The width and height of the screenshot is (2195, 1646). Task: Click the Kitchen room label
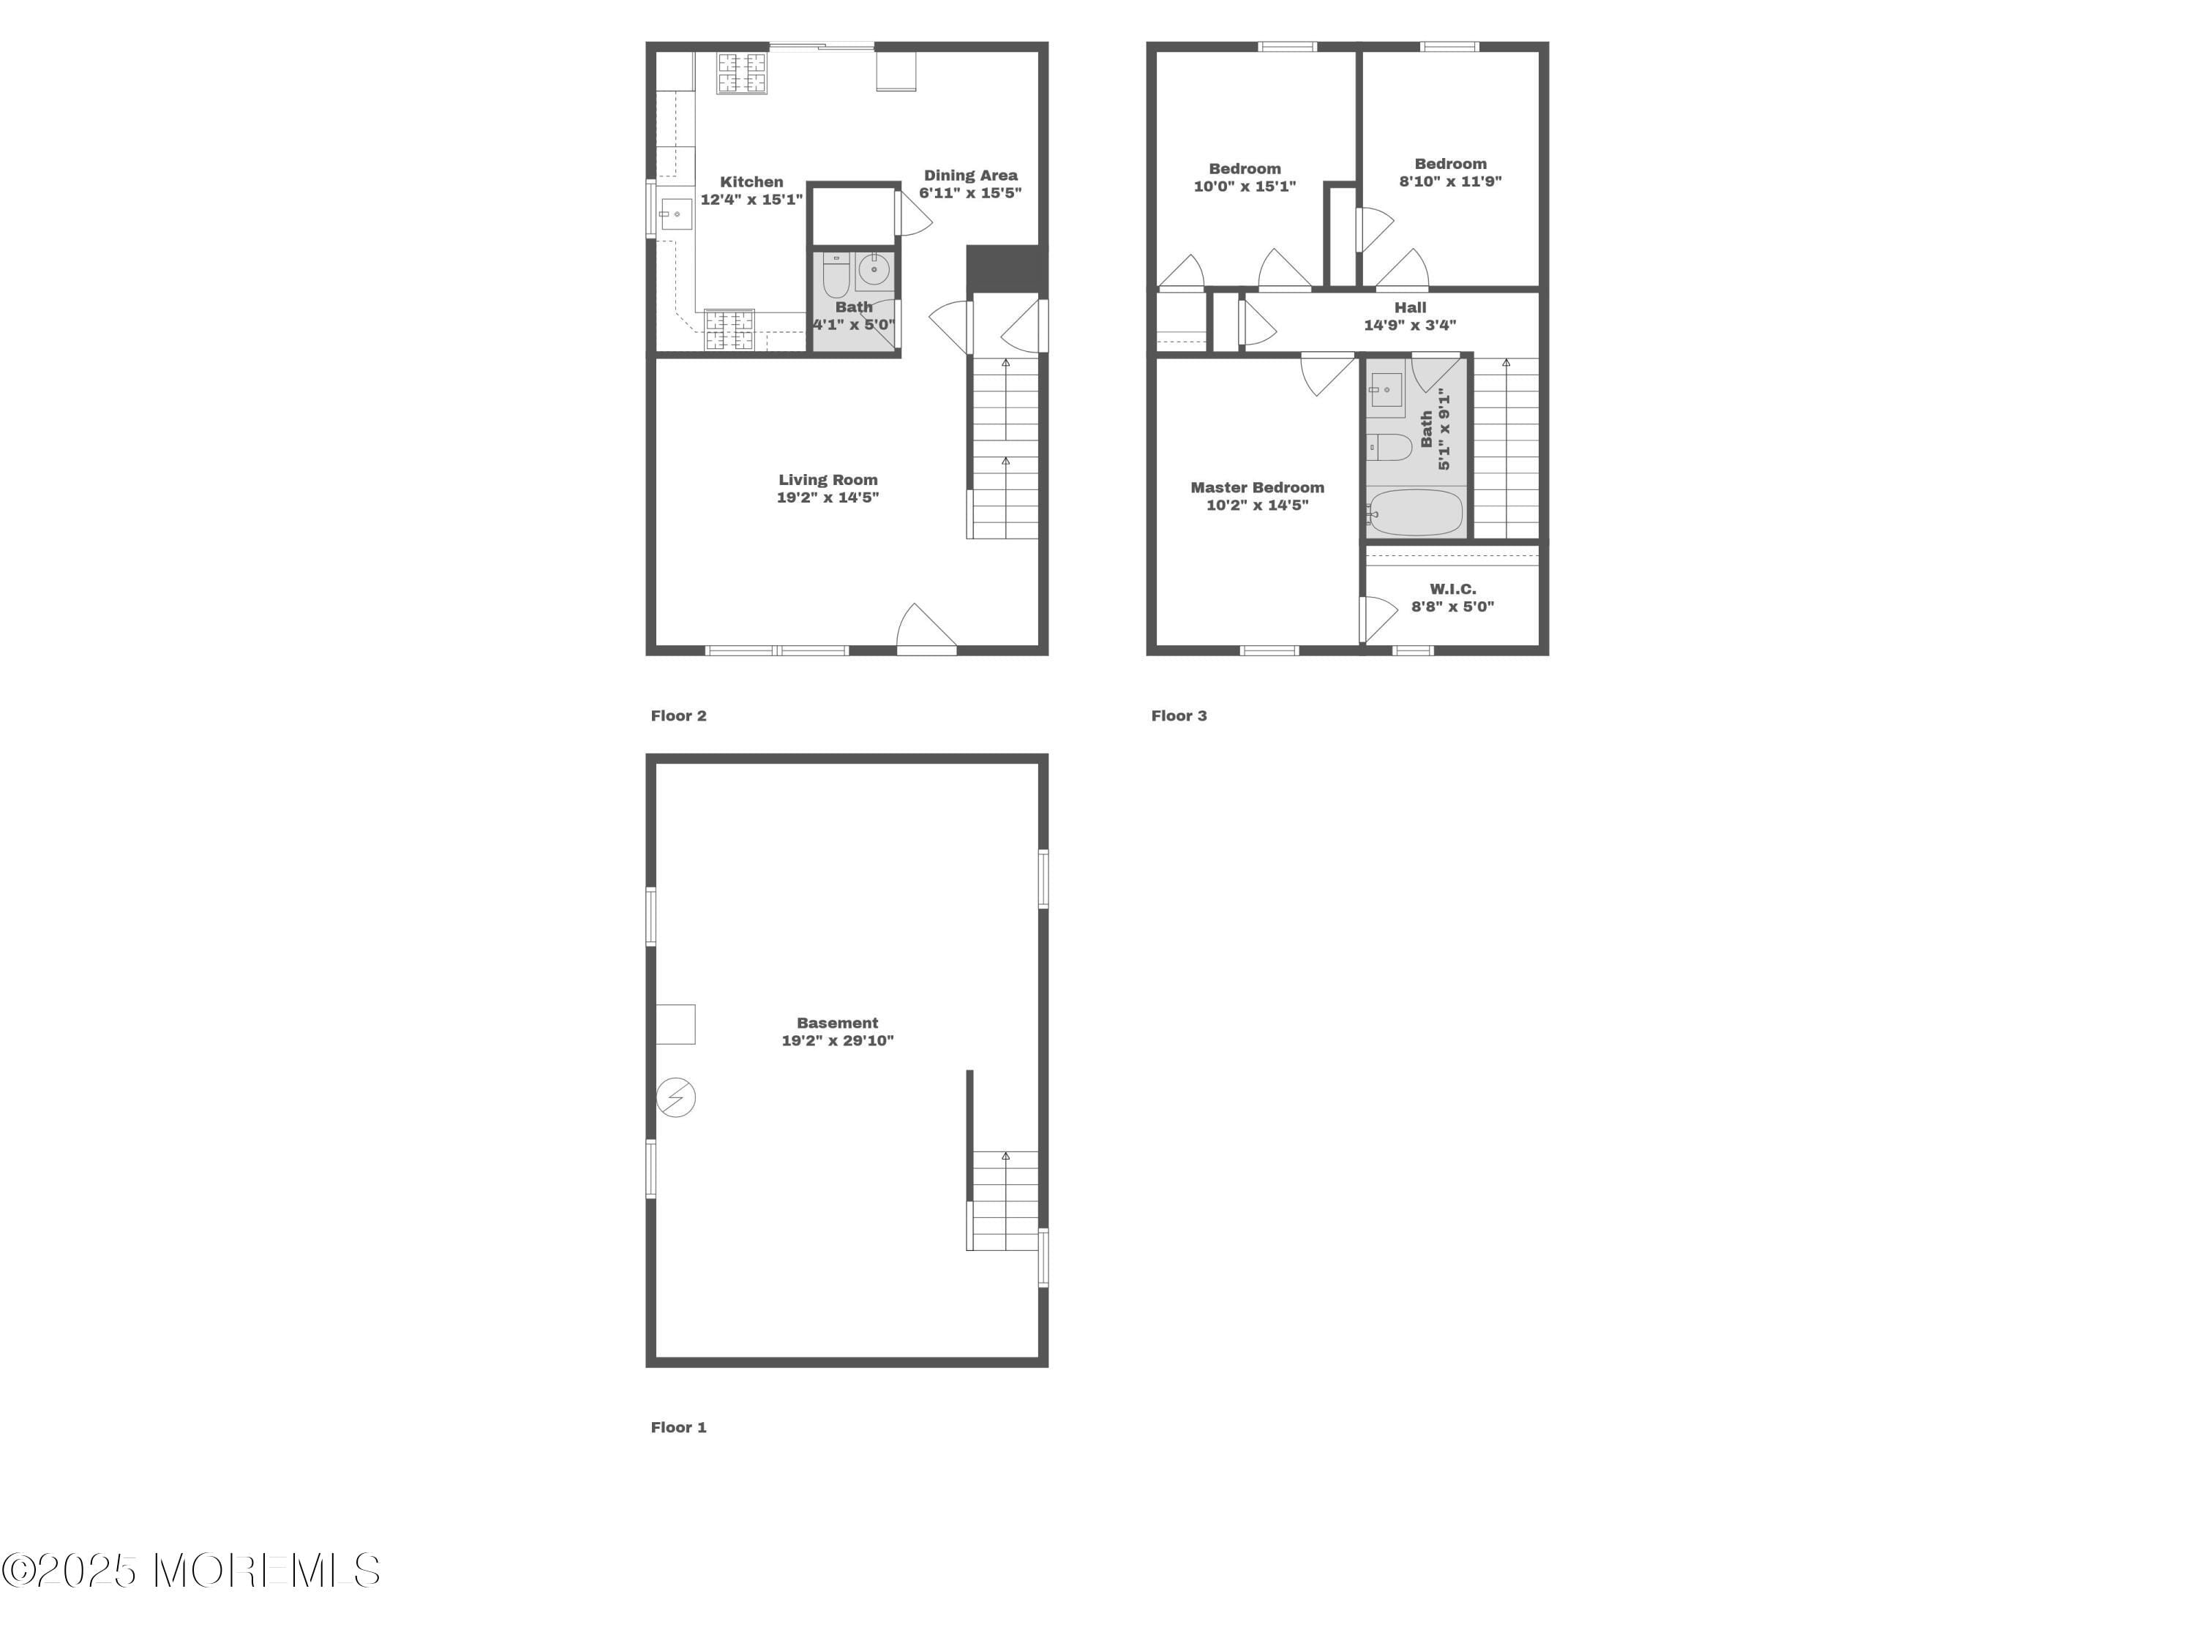(x=751, y=181)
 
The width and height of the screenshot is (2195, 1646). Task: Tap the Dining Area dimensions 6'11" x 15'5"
(x=969, y=193)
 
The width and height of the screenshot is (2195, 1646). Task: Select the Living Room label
(x=828, y=479)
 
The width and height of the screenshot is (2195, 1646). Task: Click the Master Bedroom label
(x=1256, y=487)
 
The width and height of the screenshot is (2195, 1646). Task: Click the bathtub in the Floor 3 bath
(x=1415, y=513)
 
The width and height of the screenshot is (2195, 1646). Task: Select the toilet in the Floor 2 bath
(x=836, y=275)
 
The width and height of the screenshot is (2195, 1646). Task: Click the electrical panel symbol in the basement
(x=676, y=1097)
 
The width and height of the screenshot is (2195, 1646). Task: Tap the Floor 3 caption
(x=1179, y=715)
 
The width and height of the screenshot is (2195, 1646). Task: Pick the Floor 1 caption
(x=679, y=1427)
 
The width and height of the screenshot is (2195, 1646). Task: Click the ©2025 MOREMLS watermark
(x=190, y=1571)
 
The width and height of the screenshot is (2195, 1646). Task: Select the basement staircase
(x=1005, y=1200)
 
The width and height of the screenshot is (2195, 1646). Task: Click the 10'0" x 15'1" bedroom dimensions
(x=1245, y=187)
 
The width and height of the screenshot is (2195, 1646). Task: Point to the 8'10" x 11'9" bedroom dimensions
(x=1449, y=181)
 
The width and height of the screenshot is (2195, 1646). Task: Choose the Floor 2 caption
(x=679, y=715)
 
